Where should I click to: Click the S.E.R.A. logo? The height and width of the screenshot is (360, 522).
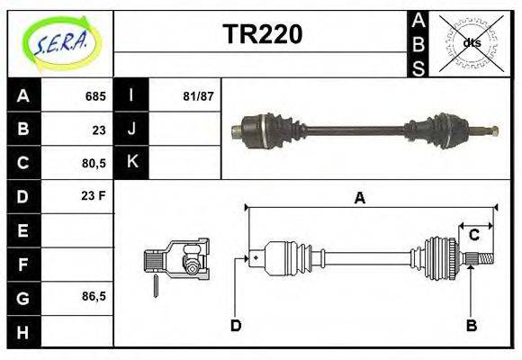pos(60,42)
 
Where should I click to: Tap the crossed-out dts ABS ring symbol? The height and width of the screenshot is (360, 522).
pos(470,42)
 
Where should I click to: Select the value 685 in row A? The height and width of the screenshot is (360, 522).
pos(95,95)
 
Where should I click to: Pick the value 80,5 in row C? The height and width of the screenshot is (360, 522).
pos(93,162)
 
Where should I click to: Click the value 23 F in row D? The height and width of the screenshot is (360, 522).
pos(94,195)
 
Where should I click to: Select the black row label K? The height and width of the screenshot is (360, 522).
pos(132,162)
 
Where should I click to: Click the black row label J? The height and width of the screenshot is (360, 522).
pos(132,129)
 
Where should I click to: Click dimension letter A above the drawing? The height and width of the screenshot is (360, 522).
pos(359,198)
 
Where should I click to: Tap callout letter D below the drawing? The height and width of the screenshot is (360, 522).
pos(236,325)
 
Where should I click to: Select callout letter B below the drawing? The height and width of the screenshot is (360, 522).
pos(471,325)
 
